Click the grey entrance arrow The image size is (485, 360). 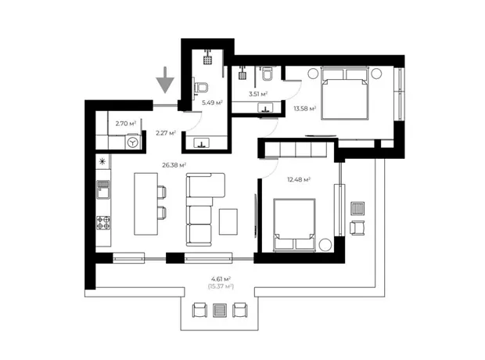tap(165, 80)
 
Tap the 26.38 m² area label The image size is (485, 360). tap(174, 165)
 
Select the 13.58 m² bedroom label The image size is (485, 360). tap(304, 108)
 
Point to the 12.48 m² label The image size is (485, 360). tap(299, 179)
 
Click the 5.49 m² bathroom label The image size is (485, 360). tap(212, 103)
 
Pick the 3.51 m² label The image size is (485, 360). tap(258, 94)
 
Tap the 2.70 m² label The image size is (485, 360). tap(126, 124)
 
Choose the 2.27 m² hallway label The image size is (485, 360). tap(166, 133)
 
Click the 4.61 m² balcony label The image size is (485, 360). tap(221, 279)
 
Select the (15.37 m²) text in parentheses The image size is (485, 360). tap(221, 286)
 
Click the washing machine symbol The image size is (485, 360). tap(133, 142)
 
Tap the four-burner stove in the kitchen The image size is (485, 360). tap(103, 222)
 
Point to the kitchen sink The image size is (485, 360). tap(102, 189)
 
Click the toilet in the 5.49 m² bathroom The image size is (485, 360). tap(201, 87)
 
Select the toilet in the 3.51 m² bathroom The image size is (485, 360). tap(267, 74)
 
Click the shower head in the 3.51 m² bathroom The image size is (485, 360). tap(242, 75)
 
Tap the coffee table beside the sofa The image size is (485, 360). tap(228, 221)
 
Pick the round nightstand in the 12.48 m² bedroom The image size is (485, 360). tap(325, 245)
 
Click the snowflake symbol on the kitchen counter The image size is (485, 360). tap(102, 161)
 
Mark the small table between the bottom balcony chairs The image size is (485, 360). tap(220, 310)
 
